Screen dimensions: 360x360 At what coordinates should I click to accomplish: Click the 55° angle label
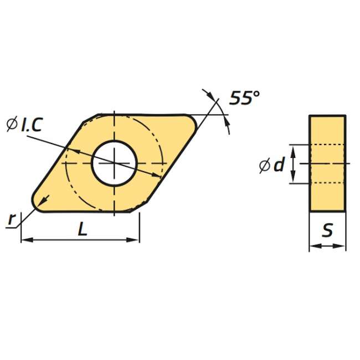pos(245,98)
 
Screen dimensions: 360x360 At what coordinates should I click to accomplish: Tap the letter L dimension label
pos(83,229)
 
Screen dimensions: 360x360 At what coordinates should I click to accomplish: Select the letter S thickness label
pos(327,230)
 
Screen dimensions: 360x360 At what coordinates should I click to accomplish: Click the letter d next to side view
pos(279,164)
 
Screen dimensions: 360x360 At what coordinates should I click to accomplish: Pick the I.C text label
pos(32,125)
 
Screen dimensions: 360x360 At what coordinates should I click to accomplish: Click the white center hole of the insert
pos(114,163)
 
